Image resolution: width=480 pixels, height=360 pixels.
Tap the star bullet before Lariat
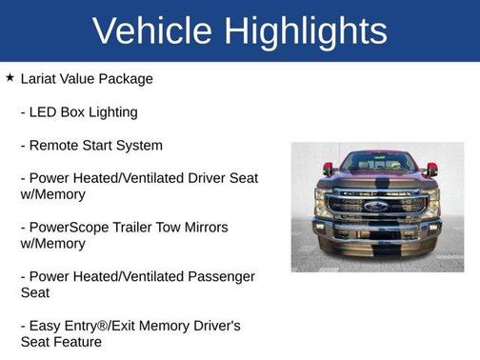point(10,77)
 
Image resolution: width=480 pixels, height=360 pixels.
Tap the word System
point(137,146)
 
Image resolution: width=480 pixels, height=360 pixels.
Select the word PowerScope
point(71,228)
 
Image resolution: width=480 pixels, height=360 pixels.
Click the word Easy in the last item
point(46,326)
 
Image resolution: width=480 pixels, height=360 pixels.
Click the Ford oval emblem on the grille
point(377,205)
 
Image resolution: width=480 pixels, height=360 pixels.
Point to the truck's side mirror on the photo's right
point(431,169)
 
